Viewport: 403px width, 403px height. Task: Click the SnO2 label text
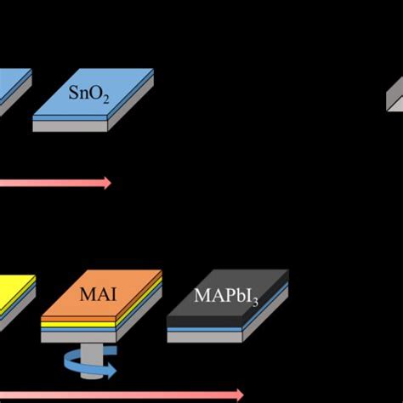click(88, 94)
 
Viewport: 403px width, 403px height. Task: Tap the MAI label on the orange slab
click(98, 294)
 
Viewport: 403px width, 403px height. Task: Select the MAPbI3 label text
click(226, 297)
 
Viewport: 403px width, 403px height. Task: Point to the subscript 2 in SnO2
click(106, 99)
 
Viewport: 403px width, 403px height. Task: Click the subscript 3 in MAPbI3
click(256, 302)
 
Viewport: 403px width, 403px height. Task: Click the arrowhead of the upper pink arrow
click(108, 183)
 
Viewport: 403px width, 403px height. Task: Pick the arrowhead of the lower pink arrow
click(240, 394)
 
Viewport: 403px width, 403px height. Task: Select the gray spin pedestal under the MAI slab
click(91, 360)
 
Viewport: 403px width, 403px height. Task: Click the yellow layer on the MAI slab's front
click(78, 325)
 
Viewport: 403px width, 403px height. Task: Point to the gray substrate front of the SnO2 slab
click(71, 126)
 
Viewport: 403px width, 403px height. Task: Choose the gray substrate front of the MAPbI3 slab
click(205, 337)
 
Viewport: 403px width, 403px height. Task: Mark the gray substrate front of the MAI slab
click(78, 338)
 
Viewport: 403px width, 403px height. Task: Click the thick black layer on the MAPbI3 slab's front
click(205, 322)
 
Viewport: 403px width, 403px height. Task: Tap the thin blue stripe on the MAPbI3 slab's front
click(205, 330)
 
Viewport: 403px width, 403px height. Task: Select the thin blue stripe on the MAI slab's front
click(78, 330)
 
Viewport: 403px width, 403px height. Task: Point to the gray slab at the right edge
click(395, 95)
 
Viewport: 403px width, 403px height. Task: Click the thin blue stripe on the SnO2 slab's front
click(71, 118)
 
